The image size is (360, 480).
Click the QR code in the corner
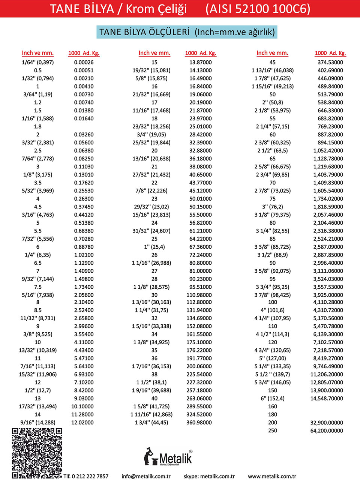click(37, 453)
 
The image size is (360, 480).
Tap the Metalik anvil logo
click(168, 457)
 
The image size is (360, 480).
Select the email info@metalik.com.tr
click(146, 476)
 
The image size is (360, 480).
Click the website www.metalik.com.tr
click(272, 476)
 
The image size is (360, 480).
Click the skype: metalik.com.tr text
click(209, 476)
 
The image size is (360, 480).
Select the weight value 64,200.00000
click(326, 430)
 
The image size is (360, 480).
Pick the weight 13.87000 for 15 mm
click(200, 62)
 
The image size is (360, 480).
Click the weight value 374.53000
click(330, 62)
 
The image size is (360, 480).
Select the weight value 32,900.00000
click(326, 423)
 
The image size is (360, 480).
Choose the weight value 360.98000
click(199, 423)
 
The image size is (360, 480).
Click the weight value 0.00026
click(84, 62)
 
